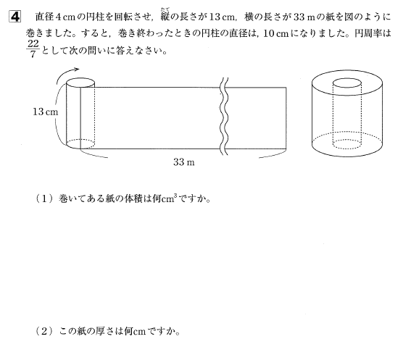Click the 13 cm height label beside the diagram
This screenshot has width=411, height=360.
tap(46, 112)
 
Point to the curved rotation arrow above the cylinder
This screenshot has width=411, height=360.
tap(67, 73)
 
